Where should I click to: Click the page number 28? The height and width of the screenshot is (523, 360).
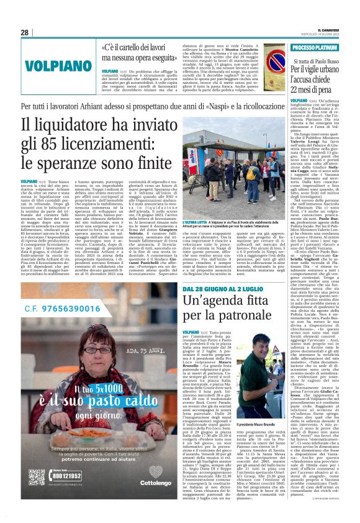[25, 32]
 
